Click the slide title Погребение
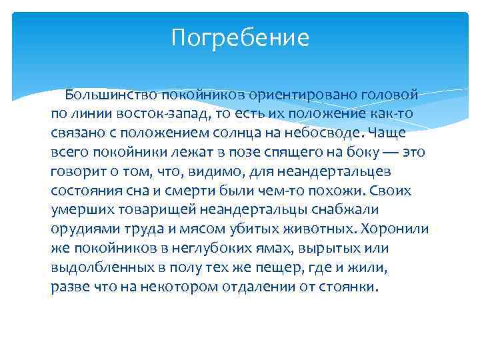tap(240, 37)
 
